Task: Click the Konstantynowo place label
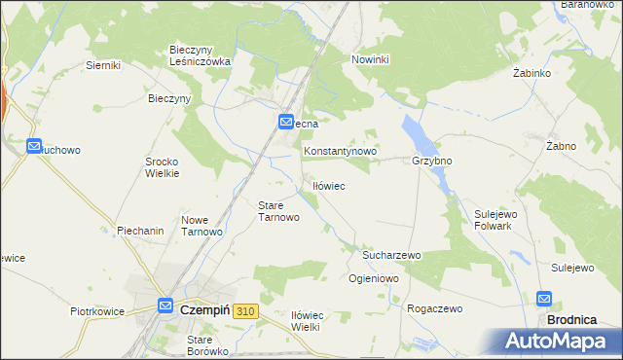click(340, 153)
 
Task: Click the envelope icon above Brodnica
click(543, 300)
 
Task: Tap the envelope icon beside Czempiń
click(165, 305)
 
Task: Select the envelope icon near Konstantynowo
click(286, 122)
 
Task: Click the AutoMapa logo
click(557, 342)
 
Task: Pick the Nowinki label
click(370, 59)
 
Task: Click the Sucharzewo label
click(390, 255)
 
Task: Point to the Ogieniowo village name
click(374, 278)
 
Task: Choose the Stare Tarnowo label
click(277, 211)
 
